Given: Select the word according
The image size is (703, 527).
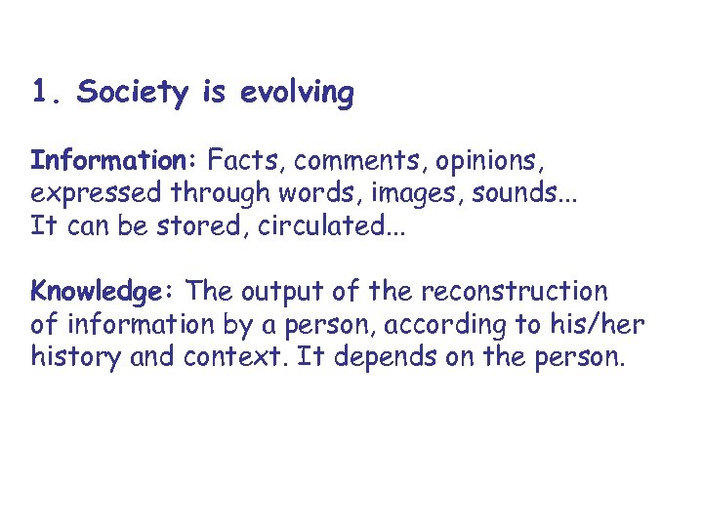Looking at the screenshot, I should [x=466, y=325].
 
